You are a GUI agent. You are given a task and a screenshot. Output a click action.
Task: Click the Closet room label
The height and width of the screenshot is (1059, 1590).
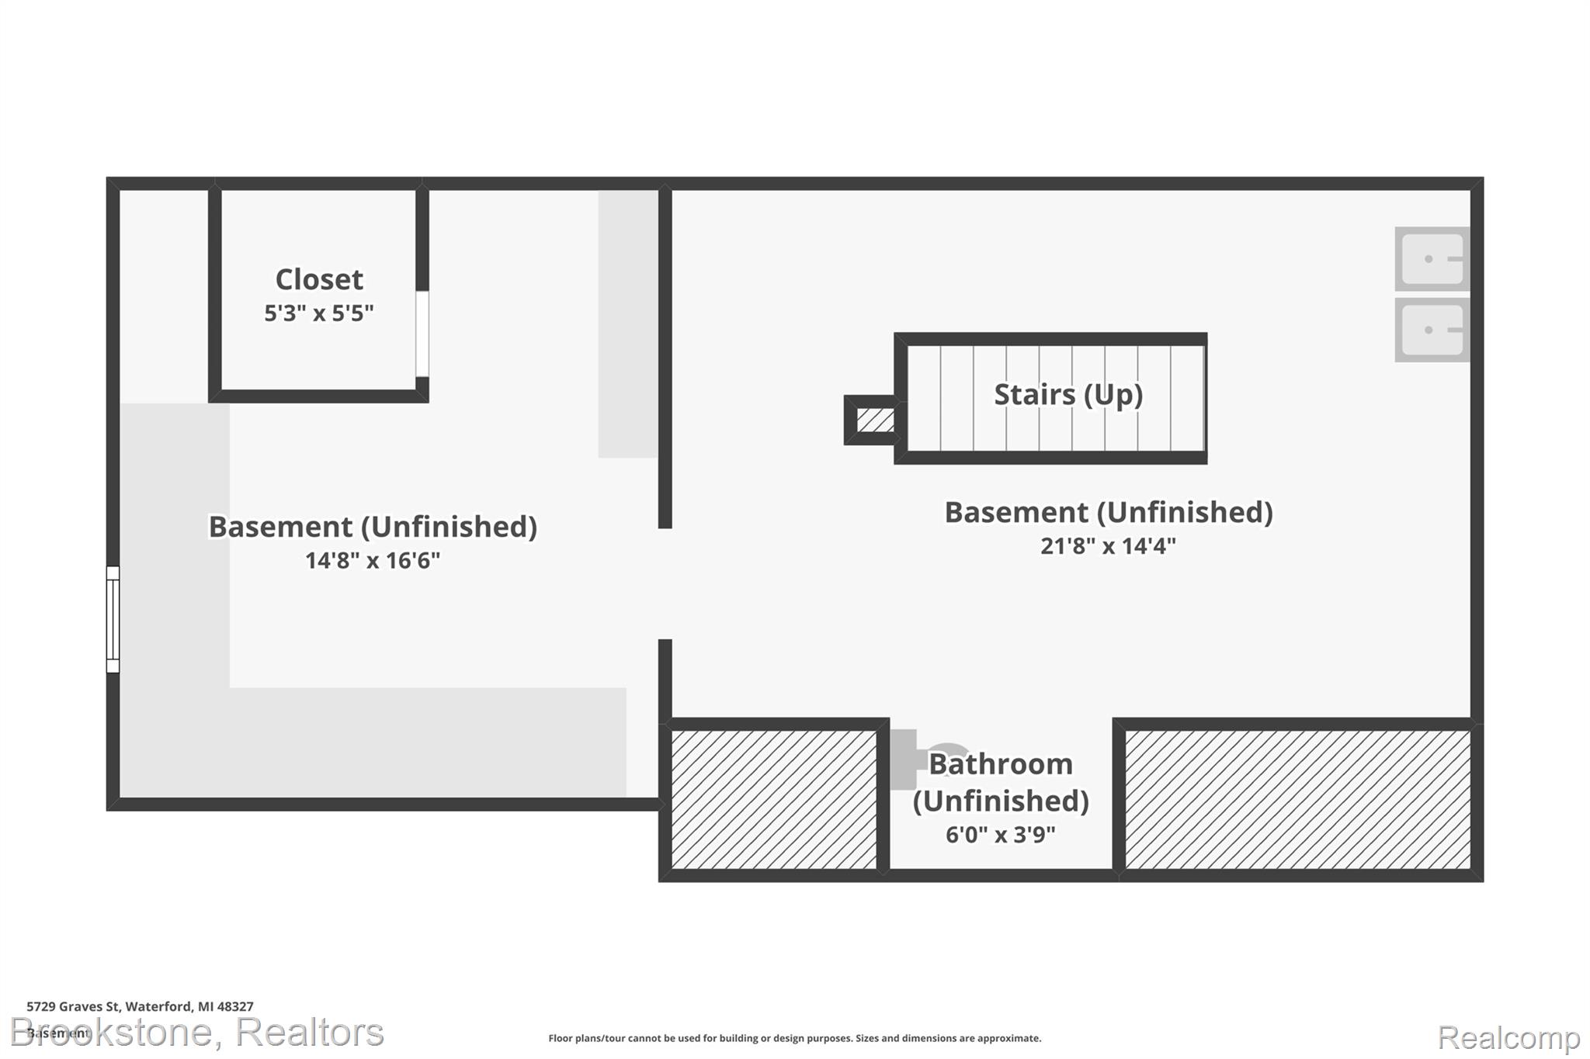coord(319,279)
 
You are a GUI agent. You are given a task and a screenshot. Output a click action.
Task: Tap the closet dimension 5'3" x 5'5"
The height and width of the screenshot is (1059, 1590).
coord(319,313)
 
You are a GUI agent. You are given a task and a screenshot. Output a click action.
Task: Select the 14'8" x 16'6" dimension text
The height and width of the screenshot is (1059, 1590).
coord(373,560)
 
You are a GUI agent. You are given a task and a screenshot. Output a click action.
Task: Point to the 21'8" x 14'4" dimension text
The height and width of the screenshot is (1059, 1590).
coord(1108,545)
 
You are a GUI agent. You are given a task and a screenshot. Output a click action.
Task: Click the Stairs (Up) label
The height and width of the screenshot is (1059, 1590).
coord(1068,395)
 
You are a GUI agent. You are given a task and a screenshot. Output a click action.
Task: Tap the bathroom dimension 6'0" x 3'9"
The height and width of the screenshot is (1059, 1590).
coord(1000,835)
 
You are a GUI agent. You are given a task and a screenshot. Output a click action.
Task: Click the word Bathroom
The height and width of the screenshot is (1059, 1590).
coord(1001,764)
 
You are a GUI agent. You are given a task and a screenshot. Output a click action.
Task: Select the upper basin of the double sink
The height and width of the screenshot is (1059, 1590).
coord(1432,258)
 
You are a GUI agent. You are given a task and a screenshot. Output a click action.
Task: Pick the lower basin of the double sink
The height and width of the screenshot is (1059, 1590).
coord(1432,330)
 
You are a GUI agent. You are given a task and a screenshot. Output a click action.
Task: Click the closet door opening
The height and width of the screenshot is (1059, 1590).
coord(422,334)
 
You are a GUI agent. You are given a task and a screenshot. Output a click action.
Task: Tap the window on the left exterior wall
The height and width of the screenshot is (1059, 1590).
coord(113,619)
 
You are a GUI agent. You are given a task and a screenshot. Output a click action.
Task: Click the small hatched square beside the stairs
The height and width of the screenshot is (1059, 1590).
coord(876,420)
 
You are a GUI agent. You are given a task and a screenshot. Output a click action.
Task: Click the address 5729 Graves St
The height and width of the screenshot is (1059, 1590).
coord(73,1006)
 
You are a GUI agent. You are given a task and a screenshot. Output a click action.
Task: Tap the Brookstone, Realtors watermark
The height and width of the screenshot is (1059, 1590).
coord(197,1033)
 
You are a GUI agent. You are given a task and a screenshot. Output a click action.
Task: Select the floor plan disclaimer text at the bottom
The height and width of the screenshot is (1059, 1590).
coord(795,1038)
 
